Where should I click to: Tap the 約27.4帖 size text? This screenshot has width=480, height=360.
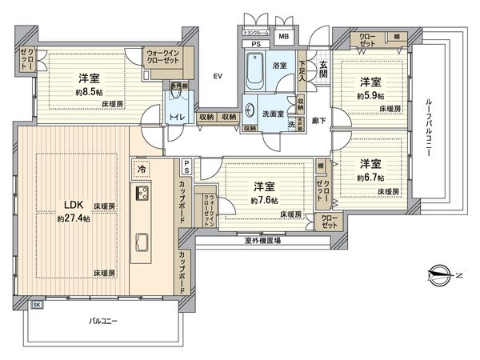click(73, 218)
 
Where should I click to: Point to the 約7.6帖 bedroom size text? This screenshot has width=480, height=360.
click(263, 200)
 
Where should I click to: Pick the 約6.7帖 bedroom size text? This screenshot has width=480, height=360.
click(369, 177)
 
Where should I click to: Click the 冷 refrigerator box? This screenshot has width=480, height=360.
click(141, 170)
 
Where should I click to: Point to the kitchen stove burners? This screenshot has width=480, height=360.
click(143, 194)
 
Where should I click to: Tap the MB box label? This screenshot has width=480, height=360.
click(283, 37)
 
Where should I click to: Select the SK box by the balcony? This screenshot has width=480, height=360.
click(37, 305)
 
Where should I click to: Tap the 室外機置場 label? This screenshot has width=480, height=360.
click(262, 240)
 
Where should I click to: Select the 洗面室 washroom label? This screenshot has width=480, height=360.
click(274, 114)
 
